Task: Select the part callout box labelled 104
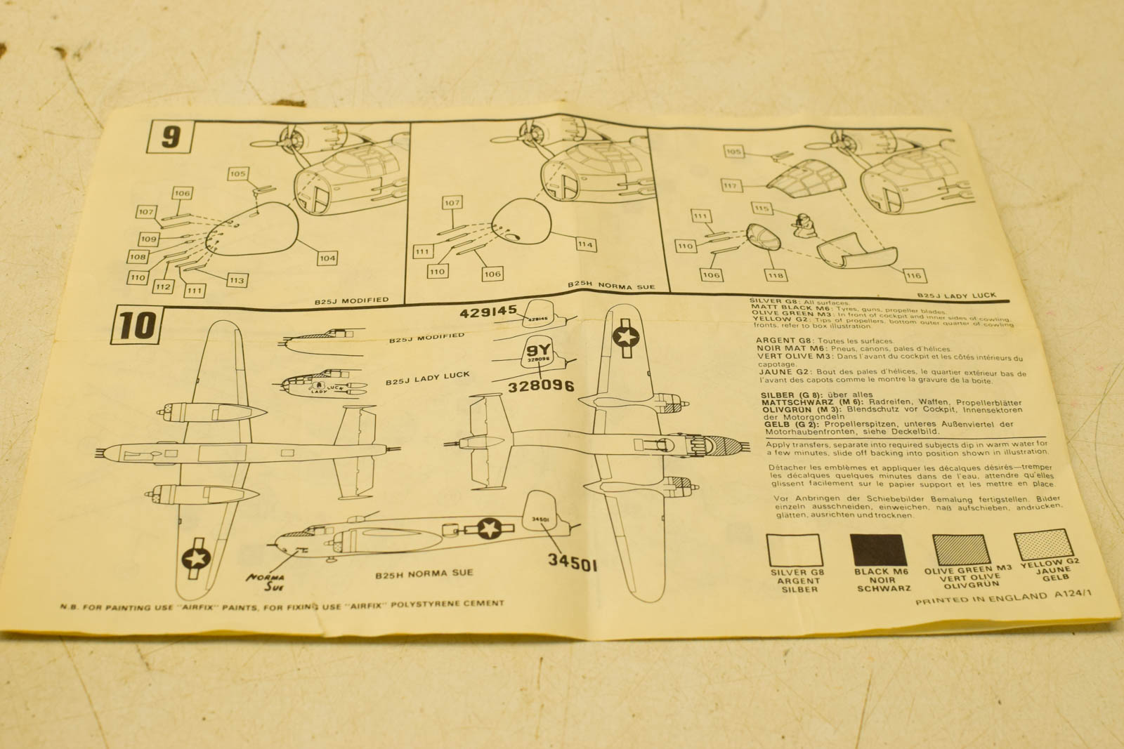(327, 258)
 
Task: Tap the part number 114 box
(585, 244)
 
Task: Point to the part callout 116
(913, 275)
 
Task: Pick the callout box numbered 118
(776, 274)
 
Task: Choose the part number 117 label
(731, 185)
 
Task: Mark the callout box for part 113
(237, 280)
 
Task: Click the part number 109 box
(148, 239)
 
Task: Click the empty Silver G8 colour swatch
(794, 550)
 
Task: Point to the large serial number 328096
(541, 385)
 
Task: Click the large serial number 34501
(573, 561)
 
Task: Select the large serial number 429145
(488, 312)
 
